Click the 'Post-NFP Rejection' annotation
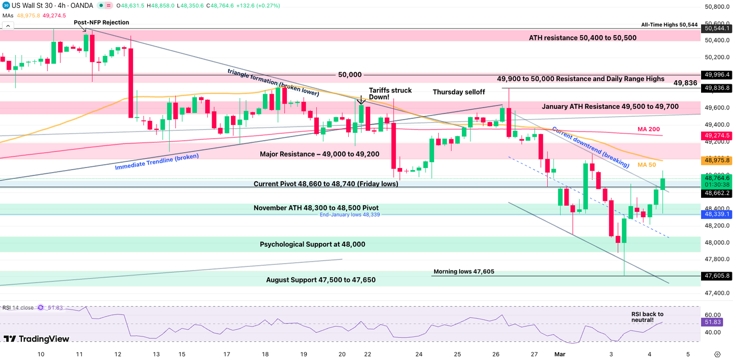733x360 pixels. point(102,22)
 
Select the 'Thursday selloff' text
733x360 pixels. point(459,92)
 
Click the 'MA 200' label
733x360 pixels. point(648,129)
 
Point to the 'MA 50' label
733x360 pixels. point(647,165)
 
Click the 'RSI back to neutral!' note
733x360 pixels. point(647,317)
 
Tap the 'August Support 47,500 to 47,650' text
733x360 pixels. point(320,280)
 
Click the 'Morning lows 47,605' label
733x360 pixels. point(463,272)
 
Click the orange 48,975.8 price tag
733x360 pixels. point(717,160)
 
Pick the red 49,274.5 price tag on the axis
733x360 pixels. point(717,136)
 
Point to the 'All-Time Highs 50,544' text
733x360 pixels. point(669,25)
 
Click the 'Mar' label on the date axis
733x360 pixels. point(560,354)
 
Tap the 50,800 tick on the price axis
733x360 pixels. point(717,7)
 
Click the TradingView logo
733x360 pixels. point(36,339)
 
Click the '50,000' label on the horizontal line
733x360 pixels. point(350,75)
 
